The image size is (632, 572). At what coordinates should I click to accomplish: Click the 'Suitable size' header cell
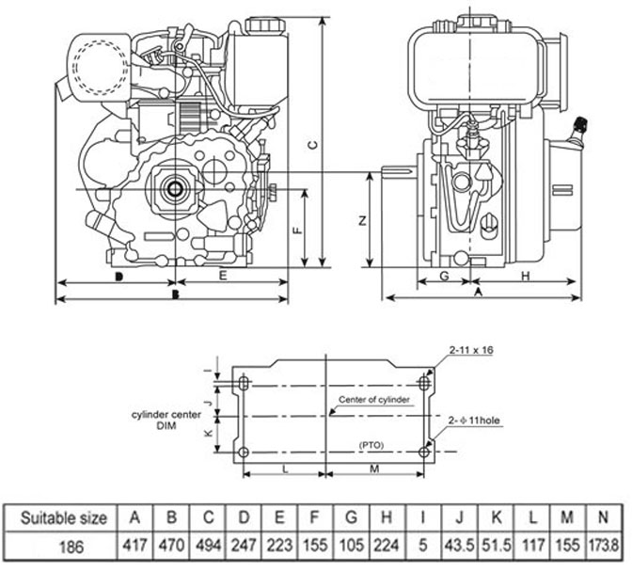click(57, 516)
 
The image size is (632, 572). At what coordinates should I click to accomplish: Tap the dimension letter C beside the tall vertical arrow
click(314, 143)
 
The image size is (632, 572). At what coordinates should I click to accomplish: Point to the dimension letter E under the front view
click(222, 275)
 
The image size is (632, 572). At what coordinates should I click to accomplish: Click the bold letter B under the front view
click(175, 294)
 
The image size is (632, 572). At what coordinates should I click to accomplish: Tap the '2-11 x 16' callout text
click(471, 350)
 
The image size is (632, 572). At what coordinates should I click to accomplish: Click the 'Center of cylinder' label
click(373, 400)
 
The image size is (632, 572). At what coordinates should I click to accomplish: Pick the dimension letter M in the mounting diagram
click(373, 468)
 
